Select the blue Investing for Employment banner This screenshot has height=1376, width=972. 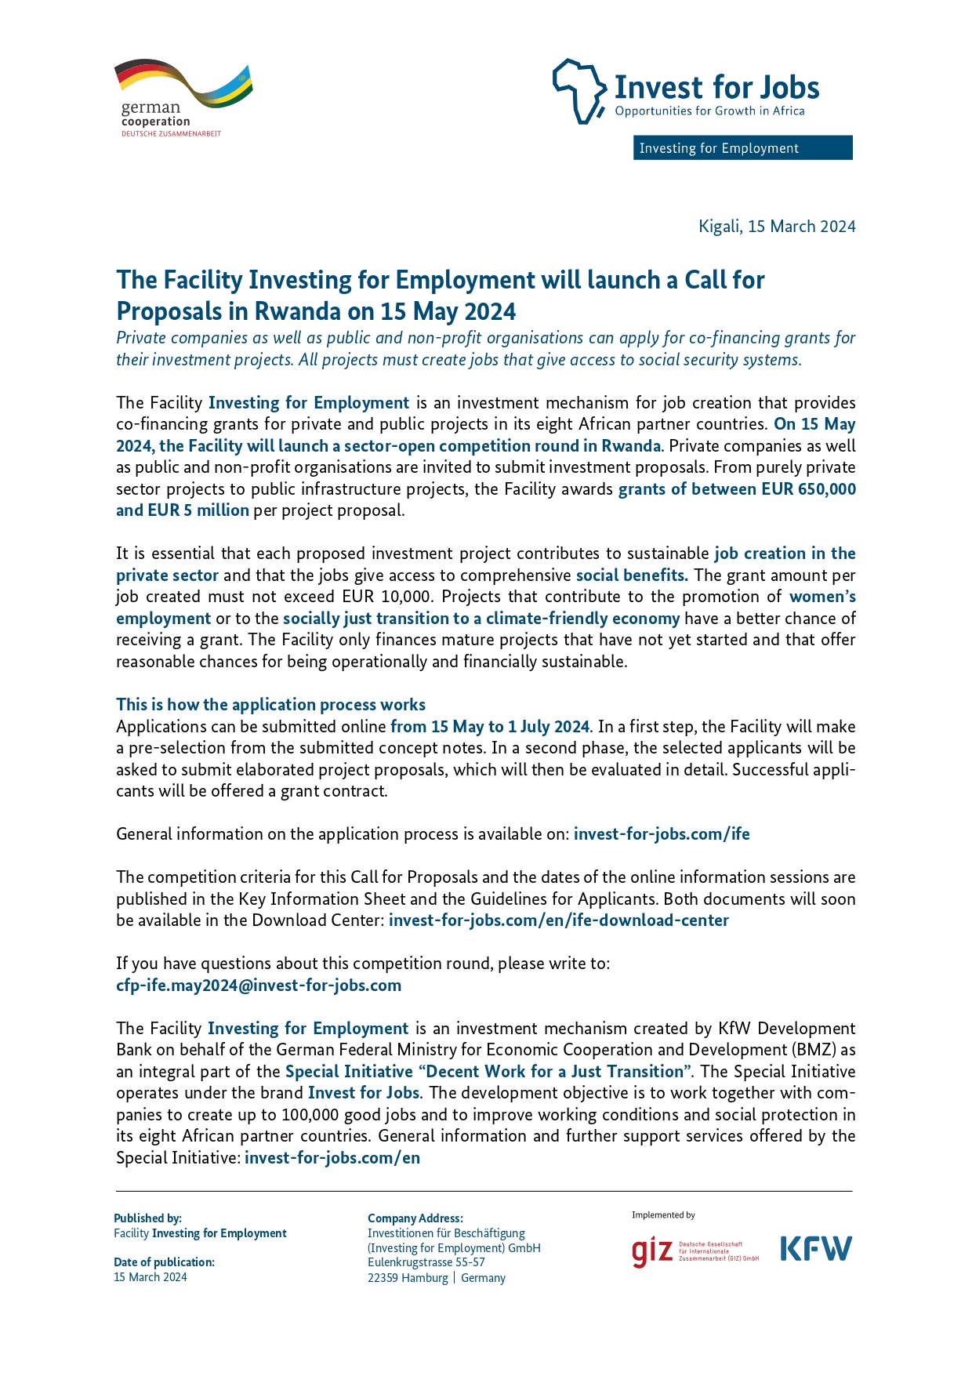click(742, 148)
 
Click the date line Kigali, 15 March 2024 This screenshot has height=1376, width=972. click(777, 227)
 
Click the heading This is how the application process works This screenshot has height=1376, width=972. click(270, 704)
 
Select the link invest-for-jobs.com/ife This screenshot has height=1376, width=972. click(662, 833)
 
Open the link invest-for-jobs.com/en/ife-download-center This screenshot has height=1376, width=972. click(559, 920)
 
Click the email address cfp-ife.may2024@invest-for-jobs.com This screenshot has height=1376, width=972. click(259, 985)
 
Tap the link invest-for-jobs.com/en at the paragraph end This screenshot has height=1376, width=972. click(332, 1157)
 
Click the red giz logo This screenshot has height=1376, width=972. click(652, 1251)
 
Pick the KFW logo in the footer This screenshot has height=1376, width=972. click(816, 1248)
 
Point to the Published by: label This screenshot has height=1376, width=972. click(147, 1218)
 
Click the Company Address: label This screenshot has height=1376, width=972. click(415, 1218)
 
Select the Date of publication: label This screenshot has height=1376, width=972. click(164, 1262)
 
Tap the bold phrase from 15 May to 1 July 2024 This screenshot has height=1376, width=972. click(490, 726)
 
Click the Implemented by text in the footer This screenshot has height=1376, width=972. click(663, 1214)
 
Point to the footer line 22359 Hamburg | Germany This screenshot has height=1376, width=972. click(437, 1277)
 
